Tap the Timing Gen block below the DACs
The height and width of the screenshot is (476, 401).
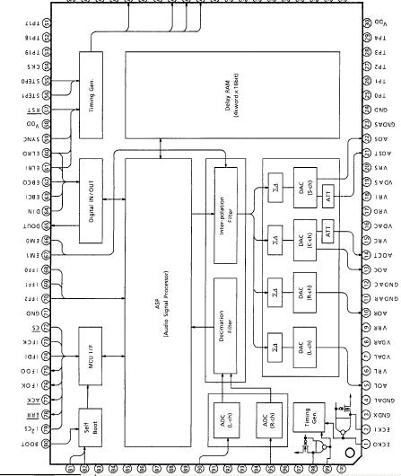click(x=309, y=414)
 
